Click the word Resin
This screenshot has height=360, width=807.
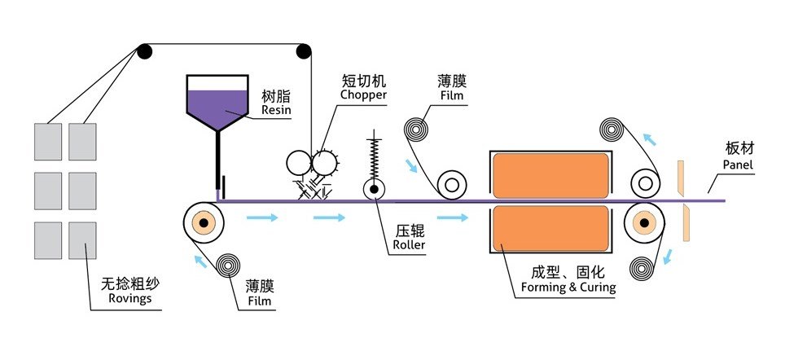tap(275, 108)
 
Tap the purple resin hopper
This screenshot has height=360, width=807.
tap(217, 104)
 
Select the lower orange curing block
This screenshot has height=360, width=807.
tap(550, 227)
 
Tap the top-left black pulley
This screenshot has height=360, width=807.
tap(144, 52)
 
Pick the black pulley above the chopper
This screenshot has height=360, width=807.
tap(305, 52)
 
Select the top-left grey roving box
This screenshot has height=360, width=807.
tap(48, 141)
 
